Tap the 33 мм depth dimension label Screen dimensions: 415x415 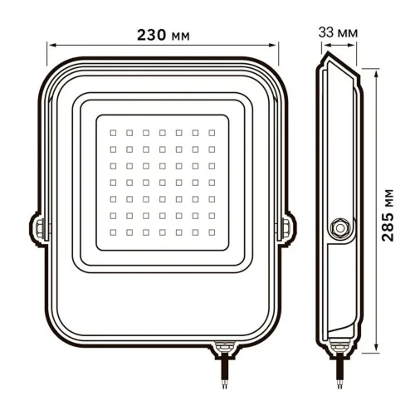click(x=339, y=32)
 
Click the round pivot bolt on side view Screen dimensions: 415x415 click(x=339, y=226)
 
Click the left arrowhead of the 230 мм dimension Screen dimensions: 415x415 click(x=48, y=47)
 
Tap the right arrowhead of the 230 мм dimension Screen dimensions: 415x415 click(x=278, y=47)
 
